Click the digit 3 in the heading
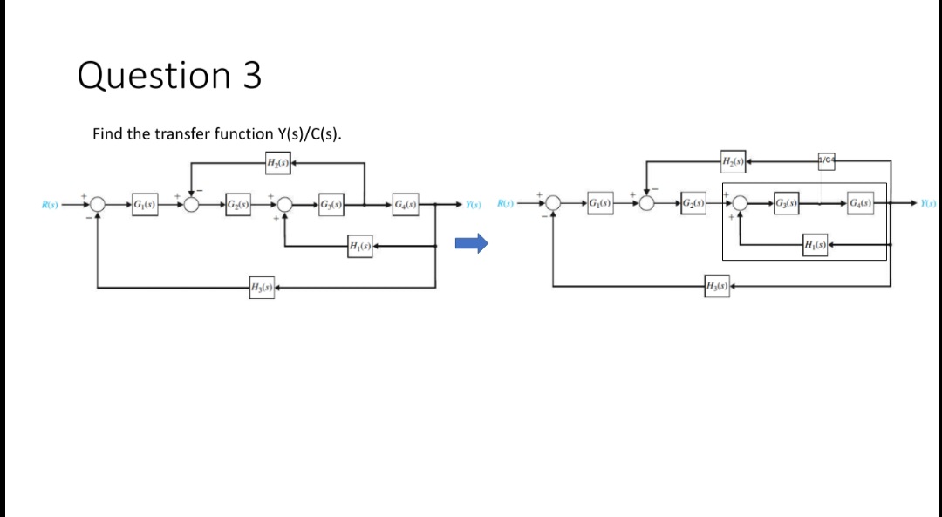252,76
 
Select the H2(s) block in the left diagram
277,162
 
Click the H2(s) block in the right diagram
733,160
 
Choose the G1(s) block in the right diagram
600,203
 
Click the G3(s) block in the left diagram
331,204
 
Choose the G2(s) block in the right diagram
694,203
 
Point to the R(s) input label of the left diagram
50,205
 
